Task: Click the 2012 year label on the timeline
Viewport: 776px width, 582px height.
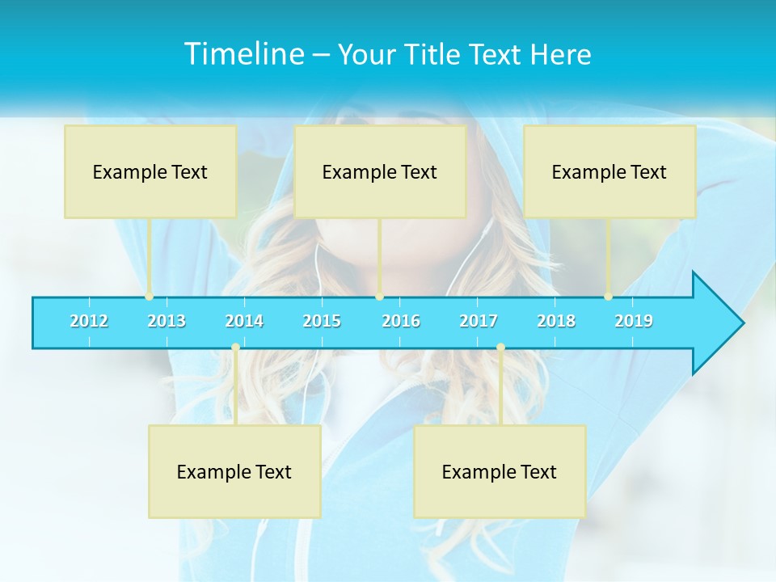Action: pyautogui.click(x=89, y=321)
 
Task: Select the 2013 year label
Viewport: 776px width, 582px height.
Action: pyautogui.click(x=167, y=321)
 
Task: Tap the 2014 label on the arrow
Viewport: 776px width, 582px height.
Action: pyautogui.click(x=244, y=321)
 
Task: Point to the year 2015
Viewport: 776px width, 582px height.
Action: pyautogui.click(x=322, y=321)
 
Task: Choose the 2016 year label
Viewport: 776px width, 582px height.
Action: pyautogui.click(x=401, y=321)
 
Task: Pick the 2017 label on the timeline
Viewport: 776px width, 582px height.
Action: pyautogui.click(x=479, y=321)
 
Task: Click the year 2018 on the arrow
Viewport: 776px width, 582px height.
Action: pyautogui.click(x=556, y=321)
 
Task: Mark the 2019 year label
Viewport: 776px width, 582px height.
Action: pyautogui.click(x=634, y=321)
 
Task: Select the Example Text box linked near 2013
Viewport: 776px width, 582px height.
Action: pyautogui.click(x=150, y=171)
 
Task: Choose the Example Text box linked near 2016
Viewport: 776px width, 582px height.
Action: pyautogui.click(x=380, y=171)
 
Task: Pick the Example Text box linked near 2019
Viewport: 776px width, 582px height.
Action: pyautogui.click(x=609, y=171)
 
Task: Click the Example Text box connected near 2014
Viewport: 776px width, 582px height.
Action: pyautogui.click(x=234, y=471)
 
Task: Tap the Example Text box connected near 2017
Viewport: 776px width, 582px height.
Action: pyautogui.click(x=500, y=471)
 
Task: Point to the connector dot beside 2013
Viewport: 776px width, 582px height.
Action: pyautogui.click(x=149, y=297)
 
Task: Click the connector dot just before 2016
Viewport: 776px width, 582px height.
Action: pyautogui.click(x=379, y=297)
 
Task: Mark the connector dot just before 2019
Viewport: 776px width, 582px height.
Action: pyautogui.click(x=608, y=297)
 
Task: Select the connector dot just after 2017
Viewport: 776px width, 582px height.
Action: pyautogui.click(x=500, y=348)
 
